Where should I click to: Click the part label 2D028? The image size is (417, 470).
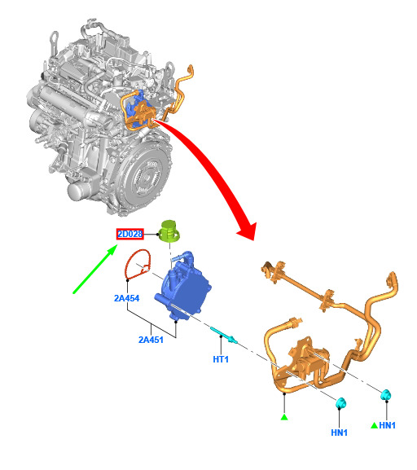pos(129,234)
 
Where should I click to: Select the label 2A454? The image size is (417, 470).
pos(126,298)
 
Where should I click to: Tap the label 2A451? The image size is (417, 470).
pos(151,340)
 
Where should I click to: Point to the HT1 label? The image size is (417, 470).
pos(221,359)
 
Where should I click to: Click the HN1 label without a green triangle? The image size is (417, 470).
pos(339,433)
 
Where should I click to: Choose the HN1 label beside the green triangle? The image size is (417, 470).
pos(388,425)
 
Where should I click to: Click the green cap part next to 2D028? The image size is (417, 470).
pos(169,231)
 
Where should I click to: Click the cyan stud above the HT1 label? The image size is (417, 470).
pos(223,335)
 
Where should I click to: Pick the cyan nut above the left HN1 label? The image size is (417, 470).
pos(341,403)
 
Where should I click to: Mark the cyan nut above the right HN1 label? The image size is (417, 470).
pos(386,395)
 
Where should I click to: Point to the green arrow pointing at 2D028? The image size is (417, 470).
pos(95,269)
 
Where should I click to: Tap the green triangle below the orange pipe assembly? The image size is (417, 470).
pos(284,417)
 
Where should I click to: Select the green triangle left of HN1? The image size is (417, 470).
pos(374,425)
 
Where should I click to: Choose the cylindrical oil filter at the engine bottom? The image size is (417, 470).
pos(78,190)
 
